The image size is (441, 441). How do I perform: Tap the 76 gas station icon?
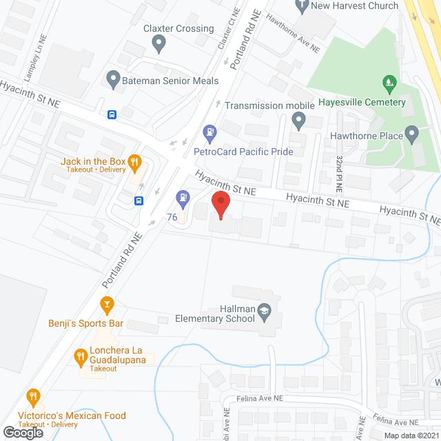[x=183, y=199]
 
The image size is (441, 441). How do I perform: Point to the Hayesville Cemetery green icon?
[x=390, y=85]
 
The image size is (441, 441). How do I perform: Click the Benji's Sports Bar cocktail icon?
[x=106, y=303]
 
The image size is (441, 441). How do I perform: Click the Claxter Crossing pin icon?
[x=159, y=44]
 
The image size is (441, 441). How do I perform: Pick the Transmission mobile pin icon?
[x=298, y=122]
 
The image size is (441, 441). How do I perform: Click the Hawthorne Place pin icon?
[x=412, y=135]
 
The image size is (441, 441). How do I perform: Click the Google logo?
[x=22, y=431]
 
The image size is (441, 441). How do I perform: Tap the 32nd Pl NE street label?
[x=339, y=172]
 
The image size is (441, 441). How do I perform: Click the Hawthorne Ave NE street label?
[x=294, y=34]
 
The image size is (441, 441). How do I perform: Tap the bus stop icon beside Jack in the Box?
[x=139, y=201]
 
